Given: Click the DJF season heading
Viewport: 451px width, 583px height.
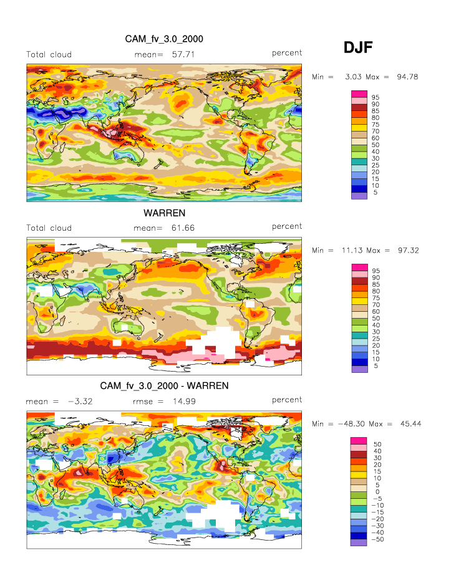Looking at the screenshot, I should click(358, 47).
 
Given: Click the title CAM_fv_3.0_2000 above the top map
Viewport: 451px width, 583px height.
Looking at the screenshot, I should click(164, 39).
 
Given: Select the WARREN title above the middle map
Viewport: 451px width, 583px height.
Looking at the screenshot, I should click(164, 213).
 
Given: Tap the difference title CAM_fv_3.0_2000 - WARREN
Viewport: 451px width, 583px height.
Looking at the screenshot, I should click(164, 386).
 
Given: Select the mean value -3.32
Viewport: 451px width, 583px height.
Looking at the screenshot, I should click(80, 401).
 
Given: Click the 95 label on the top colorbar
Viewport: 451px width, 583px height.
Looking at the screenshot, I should click(376, 97).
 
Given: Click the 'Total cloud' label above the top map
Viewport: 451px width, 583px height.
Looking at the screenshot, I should click(49, 54).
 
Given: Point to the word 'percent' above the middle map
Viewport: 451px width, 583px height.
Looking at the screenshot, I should click(287, 226).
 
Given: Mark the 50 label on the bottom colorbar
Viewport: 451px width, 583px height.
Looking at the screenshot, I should click(376, 444).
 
